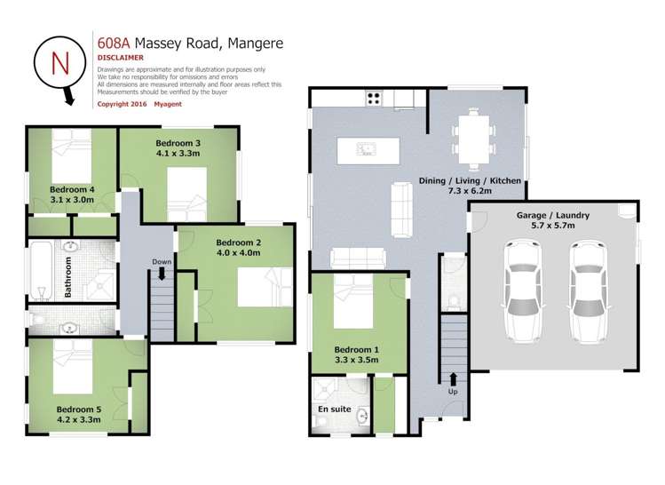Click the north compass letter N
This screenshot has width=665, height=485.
coord(59,62)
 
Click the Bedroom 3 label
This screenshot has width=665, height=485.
coord(178,143)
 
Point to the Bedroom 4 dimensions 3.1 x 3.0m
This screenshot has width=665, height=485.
coord(72,200)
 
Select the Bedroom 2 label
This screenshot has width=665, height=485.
coord(238,242)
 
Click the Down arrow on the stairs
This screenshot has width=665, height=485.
coord(162,274)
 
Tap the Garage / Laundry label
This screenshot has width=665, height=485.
coord(552,216)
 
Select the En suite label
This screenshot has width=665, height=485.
coord(334,409)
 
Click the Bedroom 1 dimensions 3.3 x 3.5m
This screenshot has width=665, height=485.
coord(356,361)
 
